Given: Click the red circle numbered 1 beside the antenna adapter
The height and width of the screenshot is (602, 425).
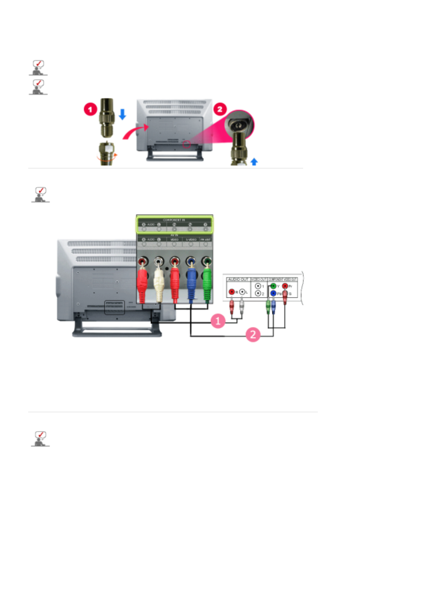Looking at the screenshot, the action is pyautogui.click(x=90, y=109).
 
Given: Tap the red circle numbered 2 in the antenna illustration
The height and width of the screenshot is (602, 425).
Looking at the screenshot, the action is pyautogui.click(x=220, y=109).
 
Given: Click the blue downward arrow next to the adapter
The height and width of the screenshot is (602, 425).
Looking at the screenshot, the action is pyautogui.click(x=122, y=114).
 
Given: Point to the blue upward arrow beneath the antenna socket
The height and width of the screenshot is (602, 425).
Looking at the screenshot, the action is pyautogui.click(x=254, y=162).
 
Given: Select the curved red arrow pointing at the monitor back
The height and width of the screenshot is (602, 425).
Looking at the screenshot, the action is pyautogui.click(x=135, y=132).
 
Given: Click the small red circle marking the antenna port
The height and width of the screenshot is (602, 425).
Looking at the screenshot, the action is pyautogui.click(x=186, y=145).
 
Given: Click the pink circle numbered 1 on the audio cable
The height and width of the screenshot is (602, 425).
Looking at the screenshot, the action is pyautogui.click(x=218, y=321).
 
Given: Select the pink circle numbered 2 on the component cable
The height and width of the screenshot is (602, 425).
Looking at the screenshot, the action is pyautogui.click(x=253, y=335).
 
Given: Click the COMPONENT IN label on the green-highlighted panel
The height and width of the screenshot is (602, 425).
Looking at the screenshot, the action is pyautogui.click(x=174, y=220).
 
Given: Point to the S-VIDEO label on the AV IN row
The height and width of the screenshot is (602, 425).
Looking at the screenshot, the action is pyautogui.click(x=191, y=240).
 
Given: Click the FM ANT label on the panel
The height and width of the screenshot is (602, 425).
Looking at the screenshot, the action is pyautogui.click(x=206, y=240).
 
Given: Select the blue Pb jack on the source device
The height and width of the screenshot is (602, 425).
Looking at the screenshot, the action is pyautogui.click(x=273, y=293).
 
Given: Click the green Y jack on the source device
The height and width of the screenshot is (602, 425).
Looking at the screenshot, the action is pyautogui.click(x=273, y=286).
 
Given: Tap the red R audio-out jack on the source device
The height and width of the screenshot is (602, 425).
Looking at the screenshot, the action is pyautogui.click(x=232, y=292).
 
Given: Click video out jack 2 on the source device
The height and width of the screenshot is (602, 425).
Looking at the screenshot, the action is pyautogui.click(x=258, y=293).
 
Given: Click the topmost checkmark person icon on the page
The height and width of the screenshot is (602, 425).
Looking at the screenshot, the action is pyautogui.click(x=38, y=68).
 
